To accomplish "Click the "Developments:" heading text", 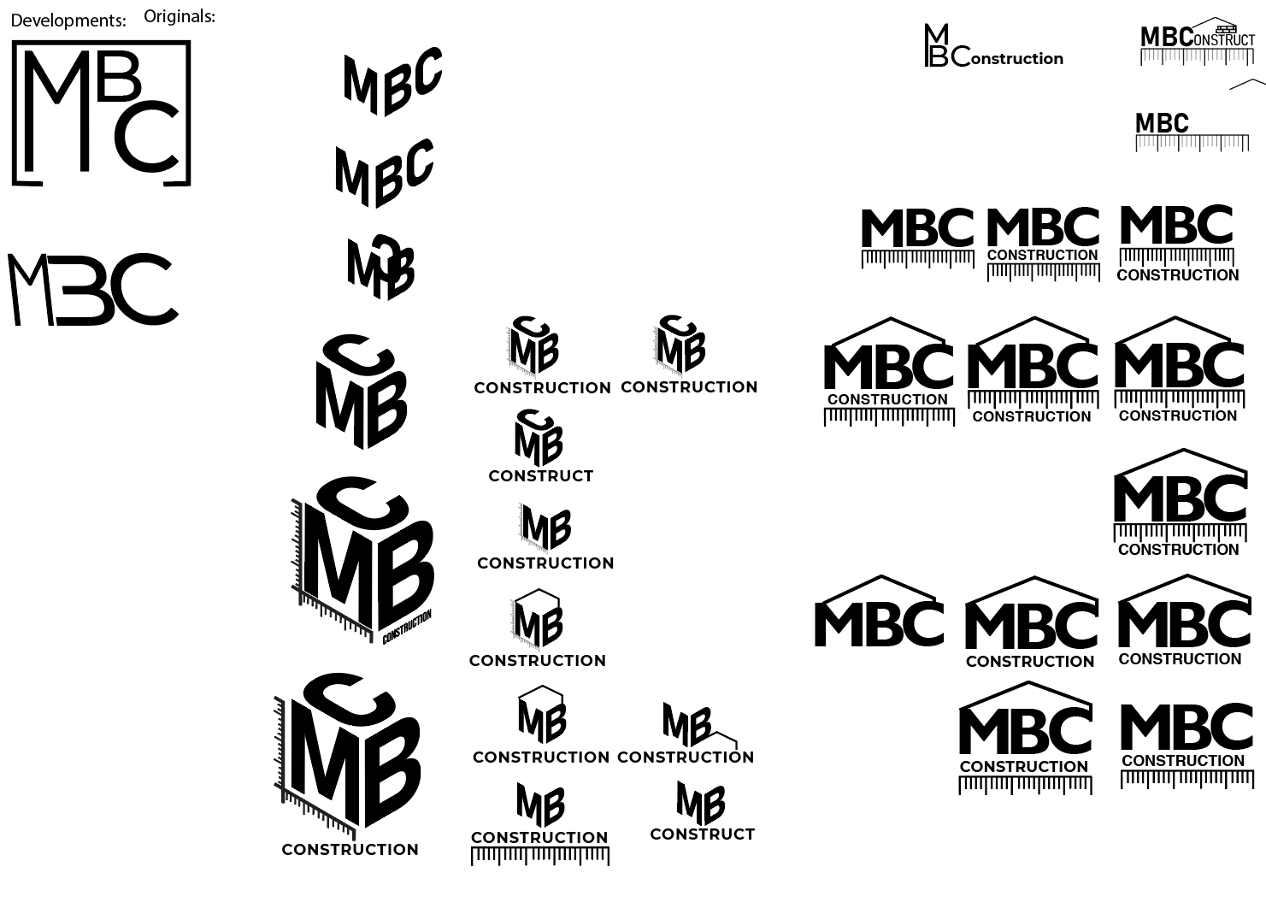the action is pyautogui.click(x=68, y=21).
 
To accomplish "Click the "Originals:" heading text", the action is pyautogui.click(x=180, y=16).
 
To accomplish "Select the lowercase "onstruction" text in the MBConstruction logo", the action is pyautogui.click(x=1017, y=59).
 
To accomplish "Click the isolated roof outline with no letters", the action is pyautogui.click(x=1247, y=84).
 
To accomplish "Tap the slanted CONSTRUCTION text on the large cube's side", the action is pyautogui.click(x=407, y=627).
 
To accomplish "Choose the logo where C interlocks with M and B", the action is pyautogui.click(x=381, y=267).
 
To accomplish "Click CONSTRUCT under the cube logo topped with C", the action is pyautogui.click(x=540, y=476).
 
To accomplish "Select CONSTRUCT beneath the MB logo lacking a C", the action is pyautogui.click(x=702, y=834).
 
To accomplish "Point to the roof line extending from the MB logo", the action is pyautogui.click(x=723, y=734).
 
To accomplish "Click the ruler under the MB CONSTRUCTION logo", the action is pyautogui.click(x=540, y=856).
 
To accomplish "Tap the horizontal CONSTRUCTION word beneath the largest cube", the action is pyautogui.click(x=350, y=850).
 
